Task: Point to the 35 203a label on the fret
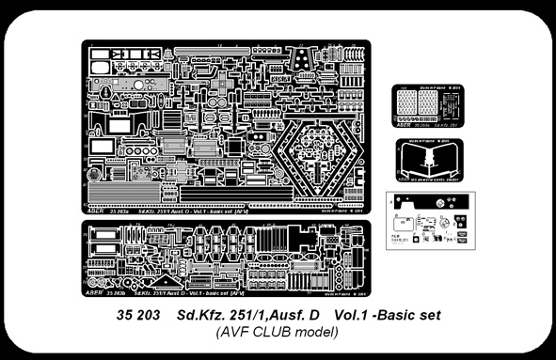click(127, 212)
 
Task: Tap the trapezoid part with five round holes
click(305, 58)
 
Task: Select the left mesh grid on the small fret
click(408, 105)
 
